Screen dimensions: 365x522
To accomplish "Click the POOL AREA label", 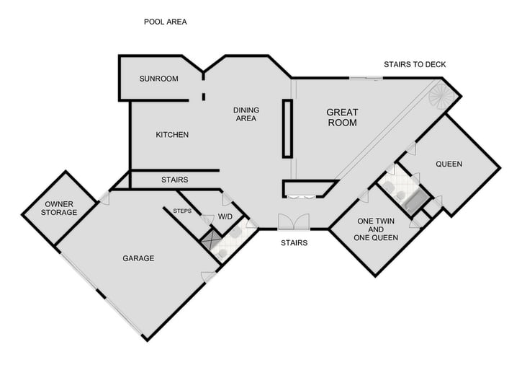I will pyautogui.click(x=166, y=22).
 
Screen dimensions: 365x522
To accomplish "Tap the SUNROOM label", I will pyautogui.click(x=158, y=79).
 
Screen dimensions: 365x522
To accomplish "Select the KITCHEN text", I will pyautogui.click(x=172, y=135).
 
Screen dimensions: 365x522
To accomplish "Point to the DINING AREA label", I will pyautogui.click(x=246, y=115).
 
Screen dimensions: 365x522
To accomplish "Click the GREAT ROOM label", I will pyautogui.click(x=342, y=118).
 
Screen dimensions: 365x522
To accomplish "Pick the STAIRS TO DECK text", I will pyautogui.click(x=415, y=65).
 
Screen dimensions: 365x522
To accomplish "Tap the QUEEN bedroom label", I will pyautogui.click(x=449, y=164).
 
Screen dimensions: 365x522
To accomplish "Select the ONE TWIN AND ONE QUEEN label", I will pyautogui.click(x=375, y=229).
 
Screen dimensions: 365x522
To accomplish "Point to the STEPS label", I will pyautogui.click(x=182, y=211).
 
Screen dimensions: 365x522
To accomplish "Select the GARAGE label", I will pyautogui.click(x=138, y=258).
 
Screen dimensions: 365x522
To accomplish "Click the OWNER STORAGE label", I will pyautogui.click(x=59, y=208).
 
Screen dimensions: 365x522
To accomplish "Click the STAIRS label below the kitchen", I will pyautogui.click(x=174, y=180).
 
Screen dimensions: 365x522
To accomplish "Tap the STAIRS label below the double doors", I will pyautogui.click(x=294, y=243).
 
